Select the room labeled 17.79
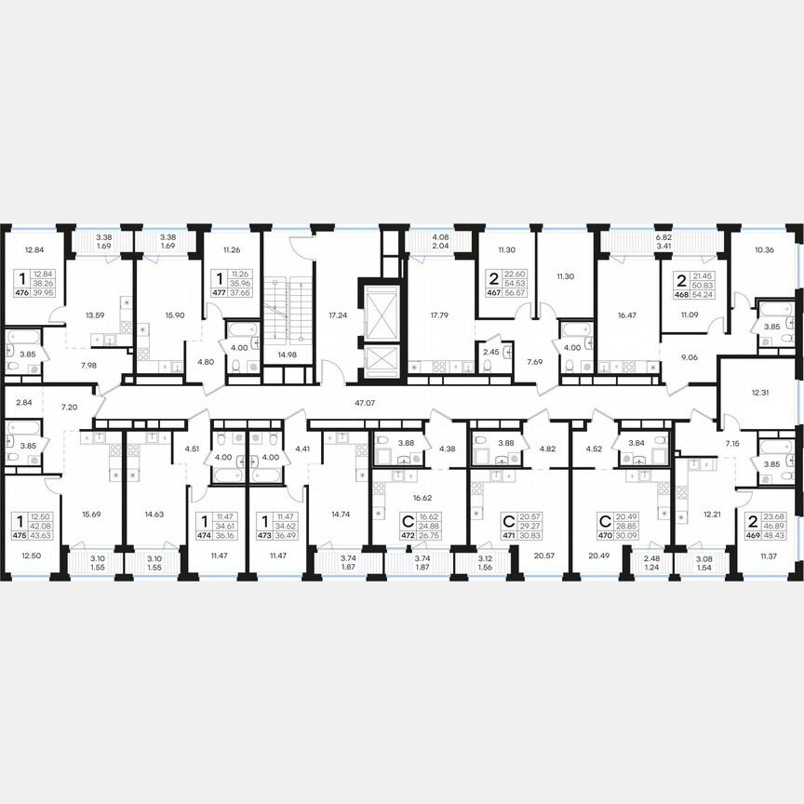[x=435, y=316]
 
